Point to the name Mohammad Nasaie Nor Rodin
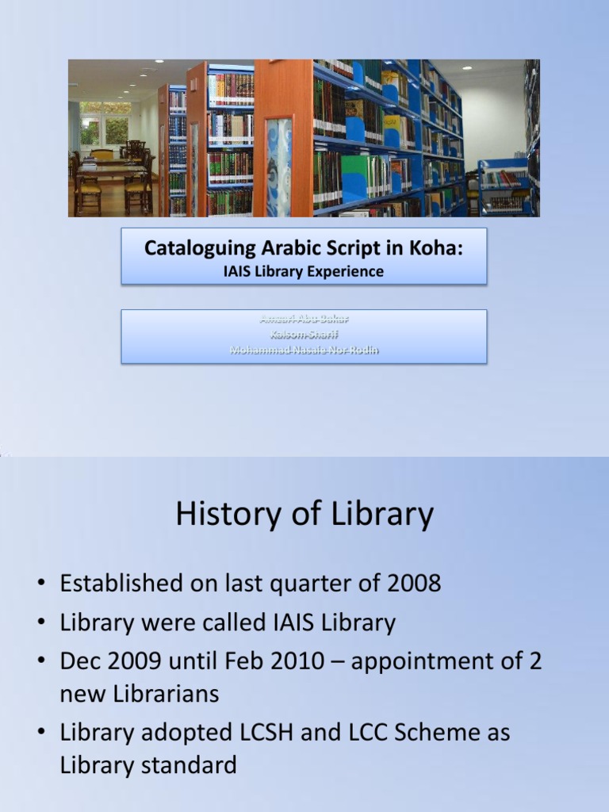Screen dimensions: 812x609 [x=304, y=349]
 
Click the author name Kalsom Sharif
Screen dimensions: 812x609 [x=304, y=334]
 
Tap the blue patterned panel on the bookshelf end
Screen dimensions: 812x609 [x=278, y=167]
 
